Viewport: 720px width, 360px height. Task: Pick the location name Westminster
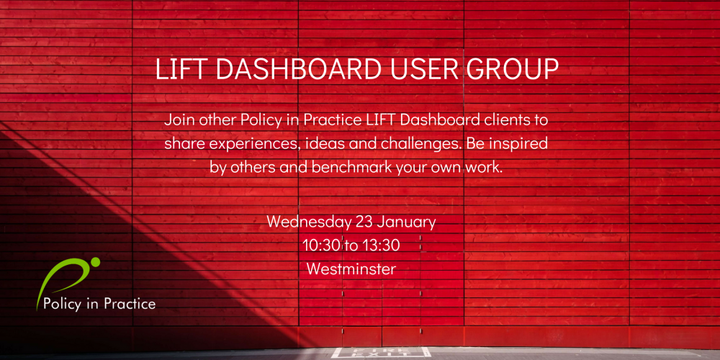(351, 269)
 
